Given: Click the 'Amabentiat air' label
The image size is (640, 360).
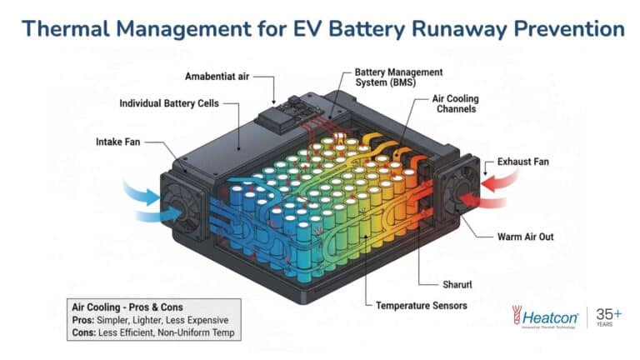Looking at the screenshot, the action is pyautogui.click(x=217, y=77).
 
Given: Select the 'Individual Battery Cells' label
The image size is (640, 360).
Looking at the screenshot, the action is pyautogui.click(x=169, y=103).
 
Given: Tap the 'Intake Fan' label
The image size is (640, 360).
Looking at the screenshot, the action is pyautogui.click(x=118, y=142).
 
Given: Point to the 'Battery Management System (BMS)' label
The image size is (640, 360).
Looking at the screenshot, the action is pyautogui.click(x=398, y=77).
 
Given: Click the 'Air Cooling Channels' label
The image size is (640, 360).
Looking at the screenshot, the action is pyautogui.click(x=456, y=103).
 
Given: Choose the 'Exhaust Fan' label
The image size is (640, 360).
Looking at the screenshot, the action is pyautogui.click(x=522, y=162).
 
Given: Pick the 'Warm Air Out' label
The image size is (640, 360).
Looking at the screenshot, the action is pyautogui.click(x=525, y=237).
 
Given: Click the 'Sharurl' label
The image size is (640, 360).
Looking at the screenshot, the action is pyautogui.click(x=457, y=284).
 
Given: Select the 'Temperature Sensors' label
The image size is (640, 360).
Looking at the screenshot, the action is pyautogui.click(x=421, y=305).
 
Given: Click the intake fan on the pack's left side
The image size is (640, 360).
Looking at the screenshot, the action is pyautogui.click(x=183, y=207).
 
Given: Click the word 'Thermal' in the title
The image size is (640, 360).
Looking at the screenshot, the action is pyautogui.click(x=66, y=28).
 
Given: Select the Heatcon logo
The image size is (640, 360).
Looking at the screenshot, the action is pyautogui.click(x=545, y=317).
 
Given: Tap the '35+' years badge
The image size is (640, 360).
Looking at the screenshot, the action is pyautogui.click(x=609, y=317).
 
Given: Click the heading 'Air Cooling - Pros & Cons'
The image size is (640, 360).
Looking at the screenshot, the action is pyautogui.click(x=127, y=307).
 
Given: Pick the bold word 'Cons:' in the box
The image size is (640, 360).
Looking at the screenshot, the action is pyautogui.click(x=83, y=332).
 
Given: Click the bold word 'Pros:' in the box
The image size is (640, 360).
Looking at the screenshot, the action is pyautogui.click(x=83, y=320).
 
